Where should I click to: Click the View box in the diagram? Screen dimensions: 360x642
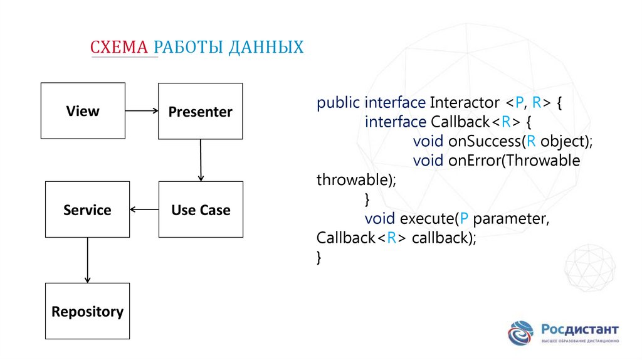click(x=83, y=111)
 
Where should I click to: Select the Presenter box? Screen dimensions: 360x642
click(x=200, y=112)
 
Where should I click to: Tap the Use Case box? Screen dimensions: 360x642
click(x=201, y=209)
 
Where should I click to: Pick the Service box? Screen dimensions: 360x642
click(x=87, y=209)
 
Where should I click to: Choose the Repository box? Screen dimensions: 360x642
click(x=87, y=311)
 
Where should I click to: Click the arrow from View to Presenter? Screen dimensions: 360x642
click(x=142, y=111)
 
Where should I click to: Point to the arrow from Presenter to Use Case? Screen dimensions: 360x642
click(x=201, y=160)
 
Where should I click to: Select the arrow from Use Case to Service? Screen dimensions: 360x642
click(x=144, y=209)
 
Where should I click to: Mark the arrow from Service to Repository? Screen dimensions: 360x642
click(x=87, y=260)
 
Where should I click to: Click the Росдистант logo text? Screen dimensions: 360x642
click(x=580, y=329)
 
